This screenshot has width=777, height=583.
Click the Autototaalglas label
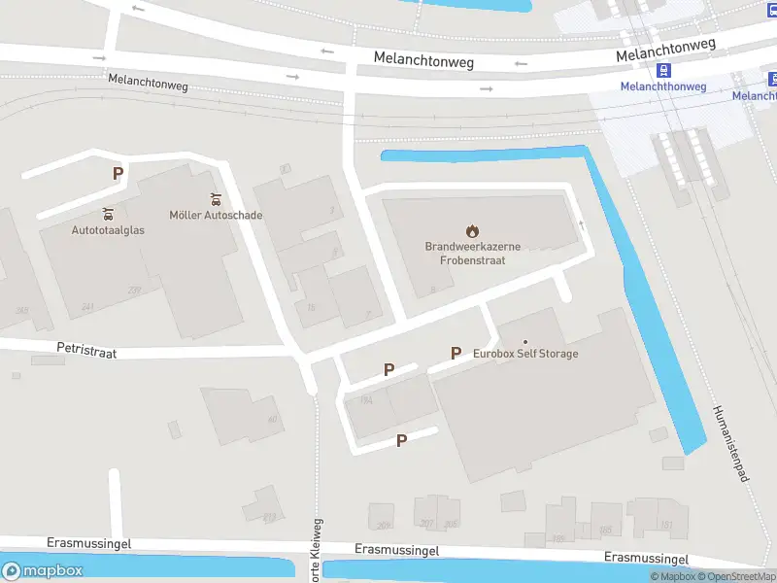pyautogui.click(x=107, y=230)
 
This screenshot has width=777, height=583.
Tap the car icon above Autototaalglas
pyautogui.click(x=108, y=214)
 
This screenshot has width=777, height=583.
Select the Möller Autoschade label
pyautogui.click(x=216, y=215)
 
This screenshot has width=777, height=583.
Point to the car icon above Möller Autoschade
pyautogui.click(x=216, y=199)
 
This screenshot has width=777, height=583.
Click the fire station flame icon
pyautogui.click(x=472, y=231)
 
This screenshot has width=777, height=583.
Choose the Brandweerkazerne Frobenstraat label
pyautogui.click(x=472, y=254)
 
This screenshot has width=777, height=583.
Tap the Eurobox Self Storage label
pyautogui.click(x=525, y=354)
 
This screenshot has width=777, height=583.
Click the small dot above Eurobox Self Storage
pyautogui.click(x=525, y=341)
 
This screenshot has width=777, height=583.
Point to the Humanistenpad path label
pyautogui.click(x=731, y=442)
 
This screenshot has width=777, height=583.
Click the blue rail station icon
pyautogui.click(x=664, y=70)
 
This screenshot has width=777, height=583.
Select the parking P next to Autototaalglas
pyautogui.click(x=118, y=174)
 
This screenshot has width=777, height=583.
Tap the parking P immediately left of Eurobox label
pyautogui.click(x=455, y=353)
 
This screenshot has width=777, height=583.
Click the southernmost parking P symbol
pyautogui.click(x=401, y=440)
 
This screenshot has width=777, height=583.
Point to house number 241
pyautogui.click(x=87, y=307)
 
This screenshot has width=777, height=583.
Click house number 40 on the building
pyautogui.click(x=273, y=419)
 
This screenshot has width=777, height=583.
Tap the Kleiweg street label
pyautogui.click(x=317, y=559)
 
